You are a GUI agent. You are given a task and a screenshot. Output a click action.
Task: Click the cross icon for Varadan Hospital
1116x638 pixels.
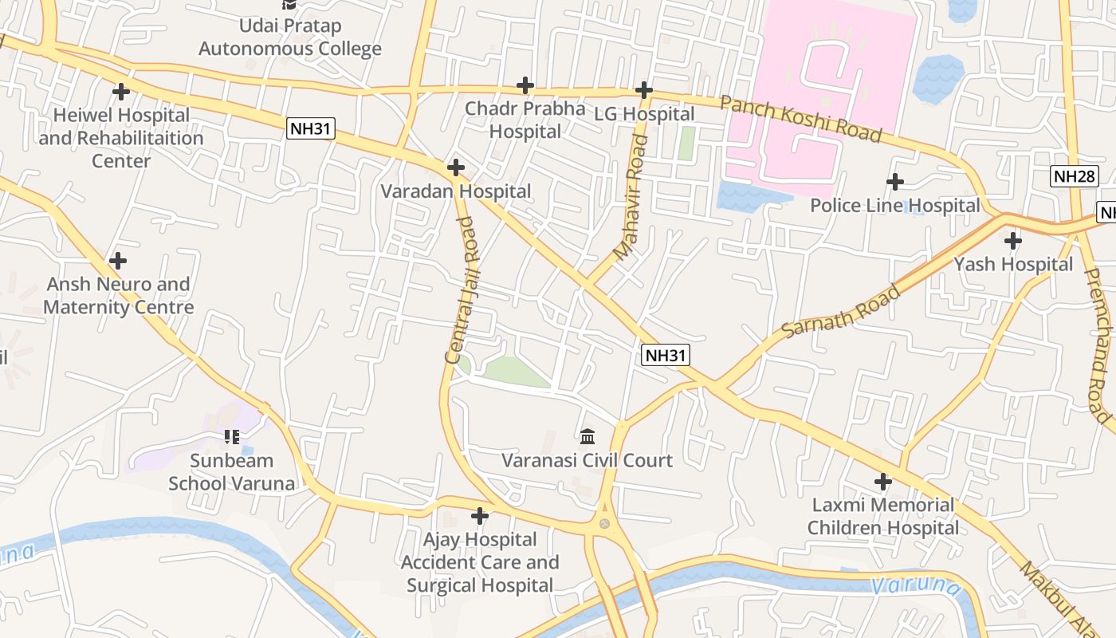coord(456,167)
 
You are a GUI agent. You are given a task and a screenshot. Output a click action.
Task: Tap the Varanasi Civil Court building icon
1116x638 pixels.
coord(588,436)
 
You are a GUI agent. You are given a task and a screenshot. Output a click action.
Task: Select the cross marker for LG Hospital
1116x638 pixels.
coord(644,90)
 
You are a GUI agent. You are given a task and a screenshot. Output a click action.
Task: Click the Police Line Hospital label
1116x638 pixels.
coord(894,206)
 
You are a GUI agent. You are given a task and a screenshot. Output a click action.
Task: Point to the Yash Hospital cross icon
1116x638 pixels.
coord(1012,240)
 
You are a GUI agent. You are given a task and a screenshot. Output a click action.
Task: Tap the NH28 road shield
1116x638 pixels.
coord(1075,176)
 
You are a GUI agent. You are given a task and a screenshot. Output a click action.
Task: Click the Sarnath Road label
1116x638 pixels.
coord(842,310)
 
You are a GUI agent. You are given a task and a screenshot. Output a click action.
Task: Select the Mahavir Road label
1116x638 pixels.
coord(632,199)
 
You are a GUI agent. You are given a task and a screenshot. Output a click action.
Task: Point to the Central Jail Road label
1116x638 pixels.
coord(462,290)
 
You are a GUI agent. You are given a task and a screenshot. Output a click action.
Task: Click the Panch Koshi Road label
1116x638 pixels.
coord(801,118)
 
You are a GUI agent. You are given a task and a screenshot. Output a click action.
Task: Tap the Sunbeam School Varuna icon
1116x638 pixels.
coord(232,436)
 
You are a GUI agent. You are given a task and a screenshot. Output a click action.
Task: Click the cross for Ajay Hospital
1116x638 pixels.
coord(479,516)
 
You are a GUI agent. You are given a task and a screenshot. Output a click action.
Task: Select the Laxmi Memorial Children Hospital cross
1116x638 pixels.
coord(882,482)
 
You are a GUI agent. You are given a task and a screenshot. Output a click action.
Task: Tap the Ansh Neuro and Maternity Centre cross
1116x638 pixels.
coord(118,261)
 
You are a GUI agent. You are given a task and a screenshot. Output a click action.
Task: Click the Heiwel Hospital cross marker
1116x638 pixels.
coord(121,92)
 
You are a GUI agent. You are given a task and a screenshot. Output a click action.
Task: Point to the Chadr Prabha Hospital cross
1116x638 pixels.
coord(525,85)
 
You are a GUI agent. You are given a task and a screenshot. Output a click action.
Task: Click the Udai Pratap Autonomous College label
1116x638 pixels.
coord(290,37)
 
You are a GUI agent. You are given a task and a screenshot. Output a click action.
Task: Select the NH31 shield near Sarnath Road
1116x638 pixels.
coord(665,355)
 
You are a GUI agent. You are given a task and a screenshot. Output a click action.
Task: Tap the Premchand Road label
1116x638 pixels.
coord(1098,345)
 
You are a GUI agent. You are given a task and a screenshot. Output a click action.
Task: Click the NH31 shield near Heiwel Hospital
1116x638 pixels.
coord(311,128)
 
